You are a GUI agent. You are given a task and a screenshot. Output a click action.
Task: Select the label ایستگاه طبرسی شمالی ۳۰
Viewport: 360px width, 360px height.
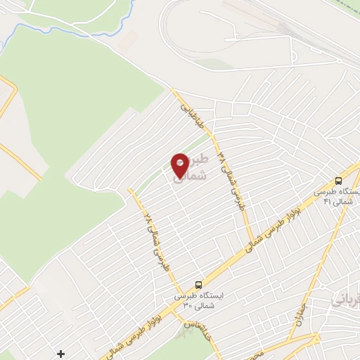coord(198,301)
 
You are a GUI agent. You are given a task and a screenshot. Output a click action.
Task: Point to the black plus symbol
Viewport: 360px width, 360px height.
coord(61,353)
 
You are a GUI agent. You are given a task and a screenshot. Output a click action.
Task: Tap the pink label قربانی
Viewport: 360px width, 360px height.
coord(345,300)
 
